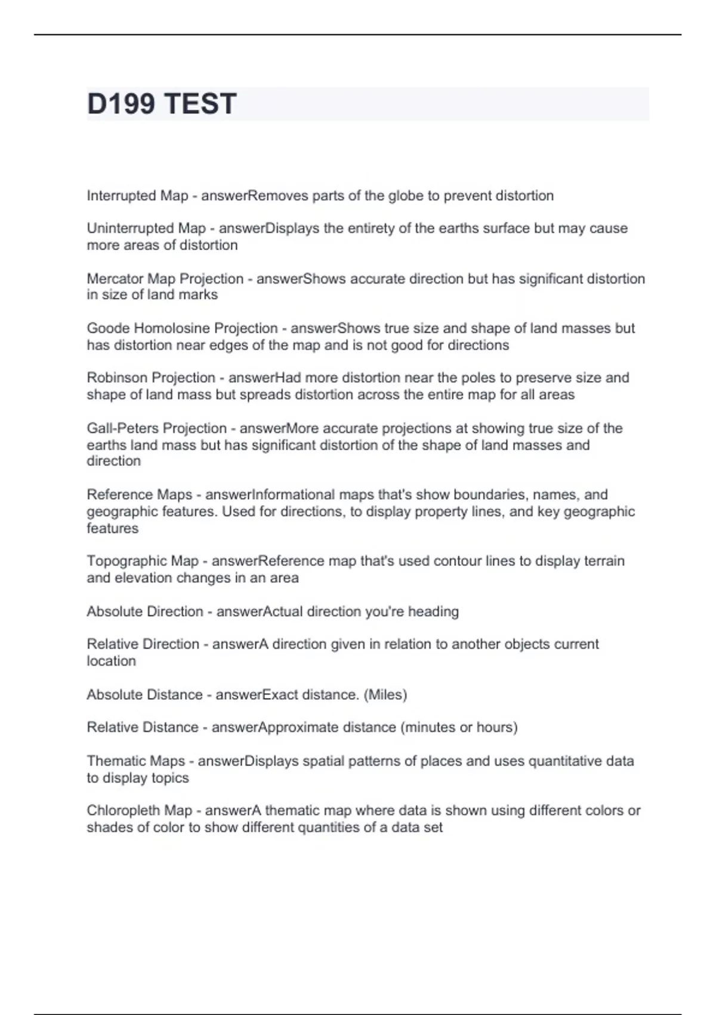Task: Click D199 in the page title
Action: click(x=121, y=104)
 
